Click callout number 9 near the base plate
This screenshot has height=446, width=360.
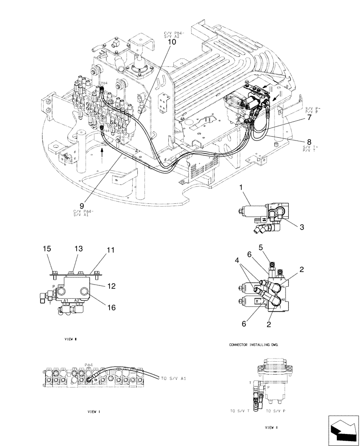click(82, 206)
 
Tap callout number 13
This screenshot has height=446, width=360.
click(78, 251)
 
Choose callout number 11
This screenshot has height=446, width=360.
click(110, 252)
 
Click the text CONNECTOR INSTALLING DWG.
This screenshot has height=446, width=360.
click(256, 345)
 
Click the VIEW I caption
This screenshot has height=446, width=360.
click(94, 412)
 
